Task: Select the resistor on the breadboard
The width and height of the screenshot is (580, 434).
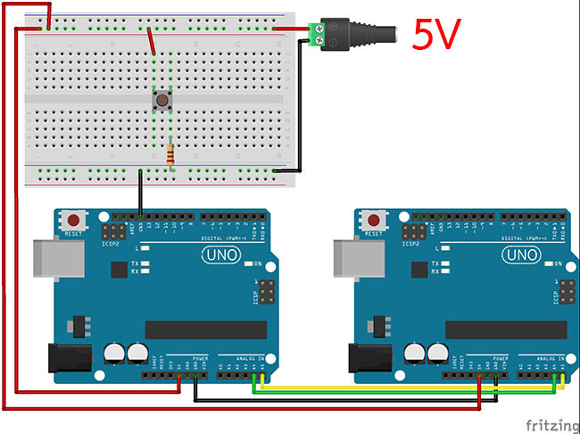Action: [x=170, y=154]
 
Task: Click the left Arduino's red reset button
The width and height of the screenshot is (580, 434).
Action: [x=72, y=220]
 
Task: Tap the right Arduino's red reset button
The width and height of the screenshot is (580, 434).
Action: [x=372, y=220]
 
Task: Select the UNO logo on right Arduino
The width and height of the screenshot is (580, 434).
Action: [x=521, y=255]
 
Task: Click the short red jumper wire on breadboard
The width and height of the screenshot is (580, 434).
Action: [x=152, y=40]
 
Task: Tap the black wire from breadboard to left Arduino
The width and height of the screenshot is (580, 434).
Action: [x=140, y=192]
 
